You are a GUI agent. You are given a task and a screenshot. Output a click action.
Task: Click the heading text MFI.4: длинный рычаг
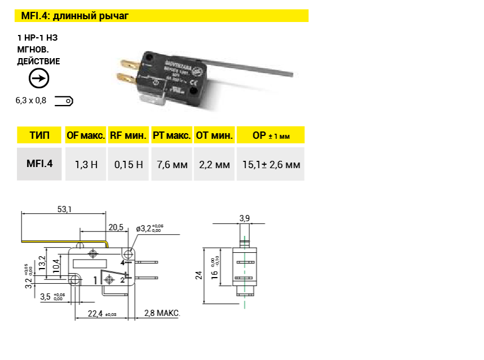point(74,16)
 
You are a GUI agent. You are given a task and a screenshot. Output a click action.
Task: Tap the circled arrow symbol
point(39,78)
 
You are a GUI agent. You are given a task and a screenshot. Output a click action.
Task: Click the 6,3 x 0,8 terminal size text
point(30,101)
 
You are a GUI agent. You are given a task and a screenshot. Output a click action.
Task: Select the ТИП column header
point(39,135)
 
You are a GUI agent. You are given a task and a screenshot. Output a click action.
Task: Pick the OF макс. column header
point(86,135)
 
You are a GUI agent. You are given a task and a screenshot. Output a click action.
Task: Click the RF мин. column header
point(128,135)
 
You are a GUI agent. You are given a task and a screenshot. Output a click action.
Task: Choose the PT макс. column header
point(171,135)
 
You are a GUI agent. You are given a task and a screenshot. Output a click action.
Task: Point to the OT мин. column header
point(214,135)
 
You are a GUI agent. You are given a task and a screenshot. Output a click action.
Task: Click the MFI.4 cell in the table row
point(39,164)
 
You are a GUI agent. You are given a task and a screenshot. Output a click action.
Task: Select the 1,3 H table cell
point(86,165)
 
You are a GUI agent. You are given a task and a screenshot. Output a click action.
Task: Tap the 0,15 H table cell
point(129,165)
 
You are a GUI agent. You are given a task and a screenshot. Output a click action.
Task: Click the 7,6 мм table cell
point(171,165)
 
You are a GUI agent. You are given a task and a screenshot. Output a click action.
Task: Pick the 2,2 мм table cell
point(214,165)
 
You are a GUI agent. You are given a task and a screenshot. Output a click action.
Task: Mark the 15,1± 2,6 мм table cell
point(271,165)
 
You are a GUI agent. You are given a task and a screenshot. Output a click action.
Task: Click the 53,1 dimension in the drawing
point(65,209)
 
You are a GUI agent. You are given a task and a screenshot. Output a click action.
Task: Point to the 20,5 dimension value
point(116,227)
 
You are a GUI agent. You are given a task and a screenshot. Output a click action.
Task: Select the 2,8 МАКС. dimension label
point(162,313)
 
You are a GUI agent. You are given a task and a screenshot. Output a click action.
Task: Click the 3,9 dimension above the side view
point(244,218)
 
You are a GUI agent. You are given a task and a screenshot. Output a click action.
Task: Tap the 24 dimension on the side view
point(199,275)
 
